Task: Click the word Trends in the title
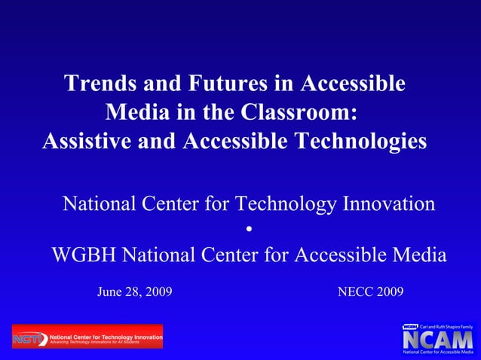(x=98, y=84)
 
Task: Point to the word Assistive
(x=86, y=141)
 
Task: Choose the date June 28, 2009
(x=134, y=291)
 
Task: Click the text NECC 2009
(x=371, y=291)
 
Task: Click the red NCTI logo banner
(x=87, y=337)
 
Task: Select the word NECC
(x=354, y=291)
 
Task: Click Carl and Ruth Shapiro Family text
(x=447, y=326)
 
